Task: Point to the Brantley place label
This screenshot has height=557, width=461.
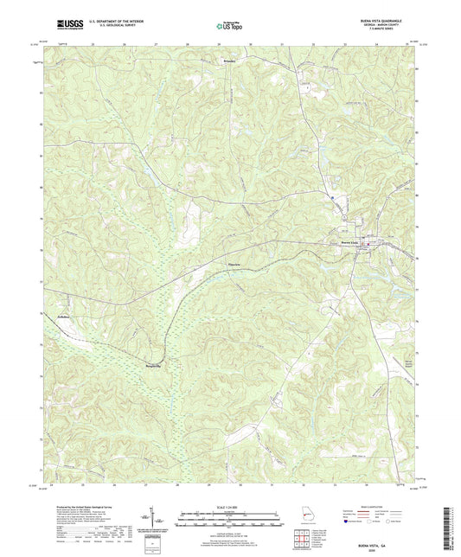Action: pyautogui.click(x=227, y=62)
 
